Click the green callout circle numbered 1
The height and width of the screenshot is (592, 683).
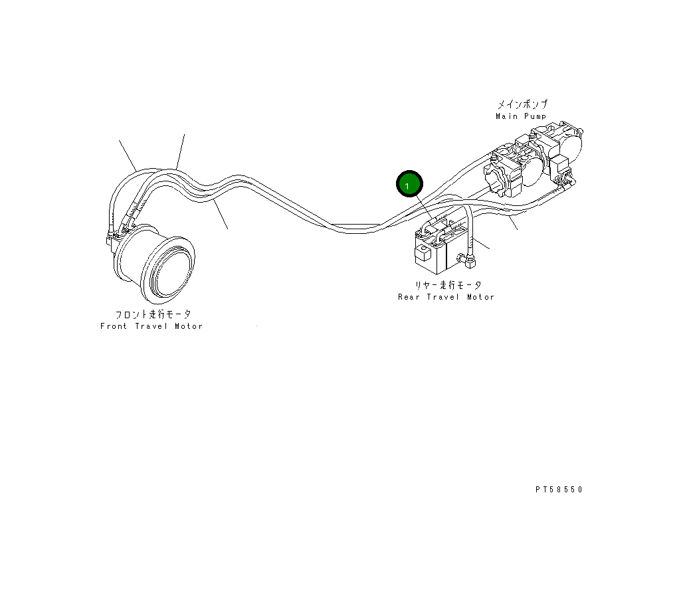(409, 184)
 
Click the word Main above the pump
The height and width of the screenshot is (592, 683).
(506, 116)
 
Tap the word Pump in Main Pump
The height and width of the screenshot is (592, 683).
(536, 116)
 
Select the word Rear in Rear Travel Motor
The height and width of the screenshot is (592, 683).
(409, 297)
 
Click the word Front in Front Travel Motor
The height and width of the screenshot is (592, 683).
(113, 326)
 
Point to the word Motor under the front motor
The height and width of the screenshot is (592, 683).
(189, 326)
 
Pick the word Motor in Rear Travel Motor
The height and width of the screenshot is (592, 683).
(480, 297)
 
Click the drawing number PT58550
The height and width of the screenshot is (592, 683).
(559, 490)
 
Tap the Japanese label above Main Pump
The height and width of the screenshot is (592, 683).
(523, 105)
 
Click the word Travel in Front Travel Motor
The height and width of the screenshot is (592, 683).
(151, 326)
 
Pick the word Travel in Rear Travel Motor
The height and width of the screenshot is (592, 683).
(444, 297)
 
